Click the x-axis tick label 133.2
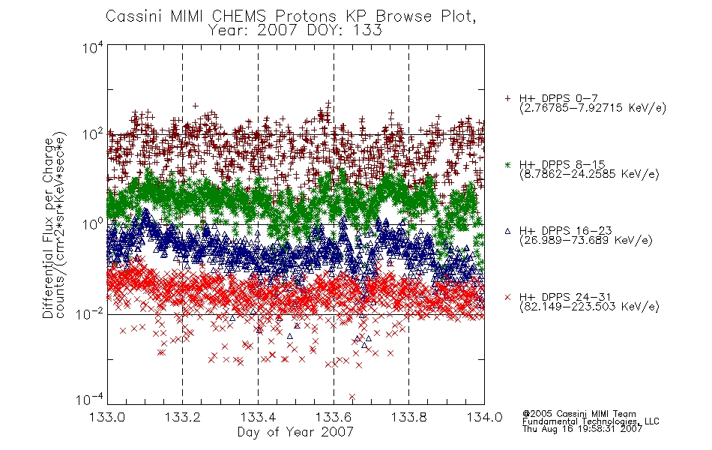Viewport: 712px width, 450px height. pyautogui.click(x=183, y=417)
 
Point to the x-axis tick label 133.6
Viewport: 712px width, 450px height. pyautogui.click(x=334, y=417)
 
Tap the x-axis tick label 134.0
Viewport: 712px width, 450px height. pyautogui.click(x=484, y=417)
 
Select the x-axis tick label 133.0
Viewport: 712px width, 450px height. pyautogui.click(x=107, y=417)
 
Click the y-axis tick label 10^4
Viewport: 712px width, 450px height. pyautogui.click(x=93, y=48)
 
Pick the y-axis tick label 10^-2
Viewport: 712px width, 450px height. pyautogui.click(x=90, y=313)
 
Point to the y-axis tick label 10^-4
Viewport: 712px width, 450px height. pyautogui.click(x=90, y=399)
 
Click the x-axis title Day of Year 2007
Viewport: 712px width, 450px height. pyautogui.click(x=295, y=432)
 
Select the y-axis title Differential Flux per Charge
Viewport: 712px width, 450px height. pyautogui.click(x=48, y=228)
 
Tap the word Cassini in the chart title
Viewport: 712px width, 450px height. pyautogui.click(x=135, y=16)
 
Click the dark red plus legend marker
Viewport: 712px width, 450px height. pyautogui.click(x=507, y=98)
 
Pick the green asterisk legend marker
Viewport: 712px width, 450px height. pyautogui.click(x=507, y=164)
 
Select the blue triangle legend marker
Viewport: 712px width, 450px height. pyautogui.click(x=507, y=231)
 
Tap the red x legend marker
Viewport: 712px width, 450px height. pyautogui.click(x=507, y=297)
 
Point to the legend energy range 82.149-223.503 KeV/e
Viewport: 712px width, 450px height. pyautogui.click(x=589, y=307)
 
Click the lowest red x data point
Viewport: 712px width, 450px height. pyautogui.click(x=352, y=397)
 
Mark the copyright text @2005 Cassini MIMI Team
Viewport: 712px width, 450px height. pyautogui.click(x=579, y=414)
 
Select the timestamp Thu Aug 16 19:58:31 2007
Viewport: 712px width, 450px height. pyautogui.click(x=582, y=428)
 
